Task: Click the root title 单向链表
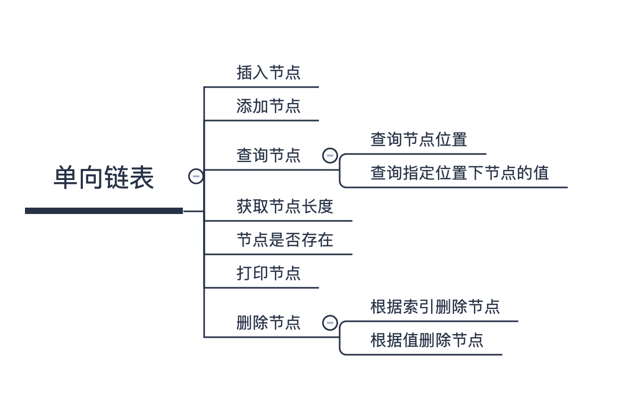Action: tap(104, 177)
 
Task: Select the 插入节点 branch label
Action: tap(268, 73)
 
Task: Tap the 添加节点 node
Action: tap(268, 106)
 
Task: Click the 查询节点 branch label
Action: tap(268, 156)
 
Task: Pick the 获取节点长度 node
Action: tap(285, 207)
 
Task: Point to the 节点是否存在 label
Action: tap(285, 240)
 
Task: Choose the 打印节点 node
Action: tap(268, 273)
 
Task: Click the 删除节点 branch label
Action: tap(268, 323)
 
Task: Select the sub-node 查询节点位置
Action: tap(419, 140)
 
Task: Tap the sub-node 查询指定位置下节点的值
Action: tap(460, 173)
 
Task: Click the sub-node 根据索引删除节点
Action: tap(435, 307)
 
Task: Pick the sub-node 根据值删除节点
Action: tap(427, 340)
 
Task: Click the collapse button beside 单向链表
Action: tap(196, 176)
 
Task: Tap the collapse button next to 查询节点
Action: tap(330, 156)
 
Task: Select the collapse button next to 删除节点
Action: tap(330, 323)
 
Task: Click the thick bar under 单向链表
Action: tap(104, 211)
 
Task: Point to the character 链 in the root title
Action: tap(116, 177)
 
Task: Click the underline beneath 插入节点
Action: tap(262, 87)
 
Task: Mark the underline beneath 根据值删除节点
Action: tap(421, 355)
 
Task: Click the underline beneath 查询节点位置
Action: tap(413, 154)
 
